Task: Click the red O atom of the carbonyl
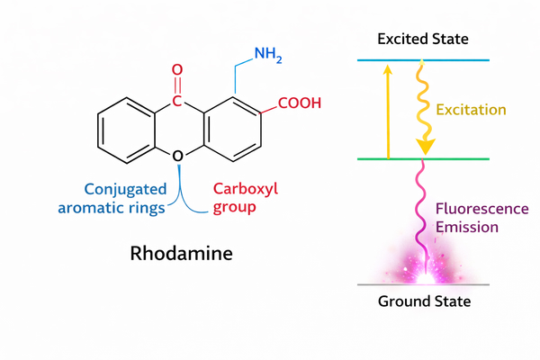click(177, 69)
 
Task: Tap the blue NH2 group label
click(269, 55)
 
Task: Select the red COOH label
click(299, 103)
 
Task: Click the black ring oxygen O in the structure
click(177, 157)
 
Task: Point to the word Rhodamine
click(180, 253)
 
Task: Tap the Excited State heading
click(423, 40)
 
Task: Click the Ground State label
click(423, 301)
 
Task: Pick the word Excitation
click(471, 110)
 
